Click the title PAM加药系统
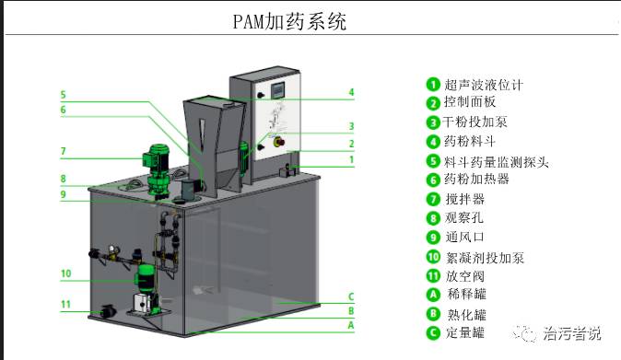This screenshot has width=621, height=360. pos(289,21)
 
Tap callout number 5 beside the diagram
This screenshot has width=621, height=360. pos(63,95)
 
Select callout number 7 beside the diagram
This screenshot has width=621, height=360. pos(63,152)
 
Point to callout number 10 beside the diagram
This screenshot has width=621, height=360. pos(65,273)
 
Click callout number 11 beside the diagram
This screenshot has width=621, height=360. pos(65,304)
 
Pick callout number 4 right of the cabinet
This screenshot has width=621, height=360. pos(351,93)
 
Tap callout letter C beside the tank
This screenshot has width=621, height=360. pos(351,296)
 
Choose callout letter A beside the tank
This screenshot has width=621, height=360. pos(351,325)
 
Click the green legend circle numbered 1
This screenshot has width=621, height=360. pos(433,85)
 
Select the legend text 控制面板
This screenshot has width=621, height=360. pos(470,101)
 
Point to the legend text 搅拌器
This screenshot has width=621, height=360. pos(465,199)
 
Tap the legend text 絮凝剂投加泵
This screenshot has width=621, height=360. pos(486,258)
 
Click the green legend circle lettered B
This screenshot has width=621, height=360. pos(433,314)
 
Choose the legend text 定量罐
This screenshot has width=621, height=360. pos(465,332)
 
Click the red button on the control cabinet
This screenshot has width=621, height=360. pos(280,141)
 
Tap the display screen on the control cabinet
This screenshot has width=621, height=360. pos(277,91)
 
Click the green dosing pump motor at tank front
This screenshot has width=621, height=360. pos(146,278)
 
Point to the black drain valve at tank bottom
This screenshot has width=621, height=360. pos(108,311)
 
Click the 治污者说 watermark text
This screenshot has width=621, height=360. pos(572,333)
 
